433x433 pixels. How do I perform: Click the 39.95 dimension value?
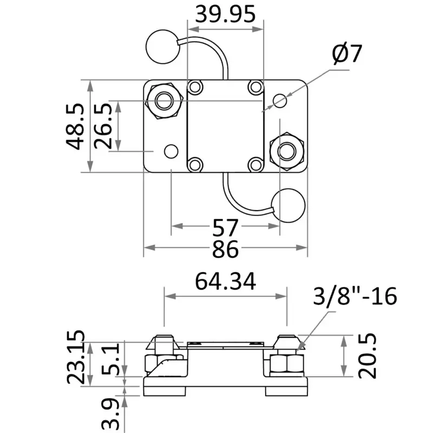[x=225, y=14]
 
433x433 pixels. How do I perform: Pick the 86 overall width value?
[x=225, y=249]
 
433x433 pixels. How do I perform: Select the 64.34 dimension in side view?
[x=225, y=281]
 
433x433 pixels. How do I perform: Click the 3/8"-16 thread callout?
[x=355, y=296]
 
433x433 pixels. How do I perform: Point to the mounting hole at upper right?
[x=280, y=100]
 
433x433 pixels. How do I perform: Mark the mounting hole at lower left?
[x=171, y=150]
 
